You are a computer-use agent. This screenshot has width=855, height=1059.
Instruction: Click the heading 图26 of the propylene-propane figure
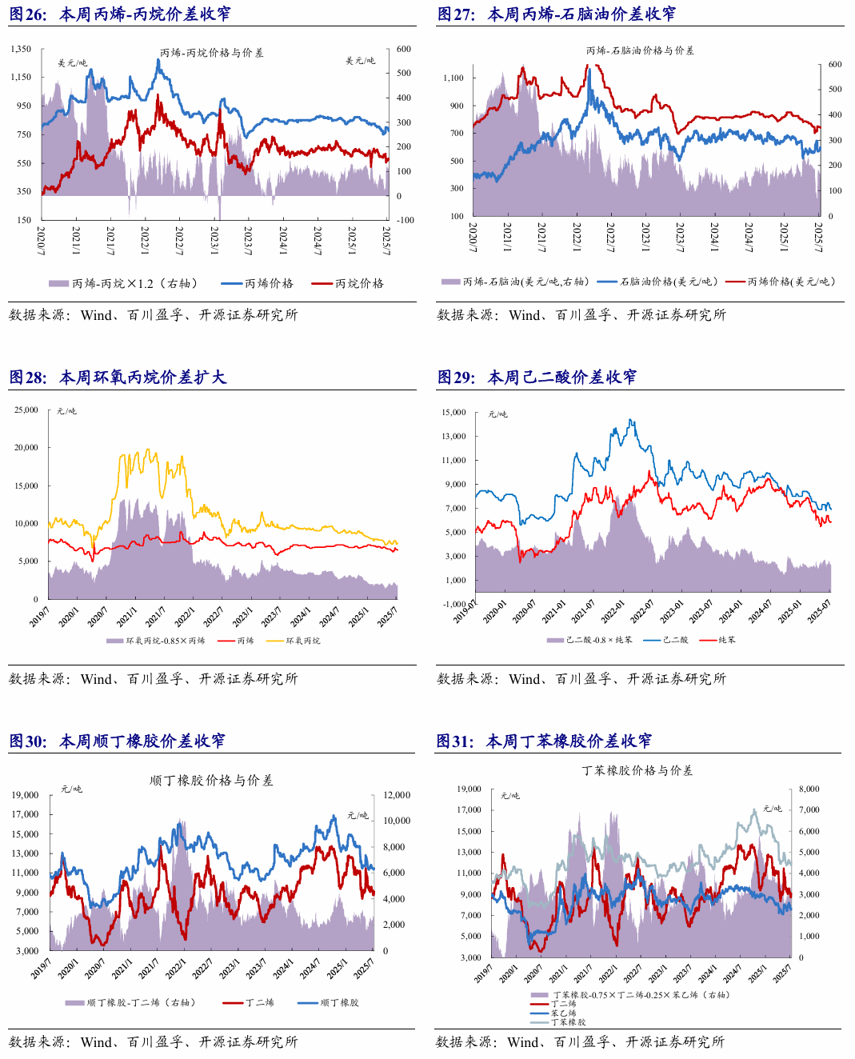[x=27, y=14]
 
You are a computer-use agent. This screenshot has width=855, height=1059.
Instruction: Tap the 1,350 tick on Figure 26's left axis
[x=21, y=49]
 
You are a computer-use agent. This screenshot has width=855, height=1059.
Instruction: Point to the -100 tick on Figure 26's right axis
[x=406, y=220]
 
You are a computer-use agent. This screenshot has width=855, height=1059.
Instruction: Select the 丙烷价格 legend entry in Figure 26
[x=347, y=283]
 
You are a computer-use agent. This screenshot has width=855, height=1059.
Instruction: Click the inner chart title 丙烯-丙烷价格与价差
[x=212, y=53]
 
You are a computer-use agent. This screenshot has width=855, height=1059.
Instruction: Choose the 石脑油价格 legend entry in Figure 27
[x=657, y=282]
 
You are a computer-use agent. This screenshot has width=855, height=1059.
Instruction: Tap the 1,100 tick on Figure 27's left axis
[x=453, y=78]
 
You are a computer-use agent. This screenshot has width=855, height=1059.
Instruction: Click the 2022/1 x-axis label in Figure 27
[x=577, y=237]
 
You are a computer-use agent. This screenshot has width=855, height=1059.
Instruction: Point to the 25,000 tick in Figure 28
[x=26, y=410]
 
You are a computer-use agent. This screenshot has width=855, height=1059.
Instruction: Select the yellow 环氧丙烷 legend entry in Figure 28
[x=294, y=641]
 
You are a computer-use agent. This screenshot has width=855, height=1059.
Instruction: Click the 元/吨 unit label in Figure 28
[x=66, y=411]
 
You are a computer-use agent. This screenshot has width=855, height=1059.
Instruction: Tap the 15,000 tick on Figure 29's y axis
[x=453, y=412]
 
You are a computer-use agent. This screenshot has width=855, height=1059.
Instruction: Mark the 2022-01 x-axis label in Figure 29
[x=613, y=612]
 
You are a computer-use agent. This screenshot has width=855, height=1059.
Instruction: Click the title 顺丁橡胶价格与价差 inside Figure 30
[x=211, y=781]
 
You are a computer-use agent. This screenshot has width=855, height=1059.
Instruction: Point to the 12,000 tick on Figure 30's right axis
[x=397, y=795]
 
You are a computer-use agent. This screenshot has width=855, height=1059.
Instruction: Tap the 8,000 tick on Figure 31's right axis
[x=809, y=789]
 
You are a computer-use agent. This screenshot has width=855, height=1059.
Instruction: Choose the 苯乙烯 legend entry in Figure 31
[x=553, y=1013]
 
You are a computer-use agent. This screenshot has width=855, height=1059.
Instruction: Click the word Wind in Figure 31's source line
[x=523, y=1042]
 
